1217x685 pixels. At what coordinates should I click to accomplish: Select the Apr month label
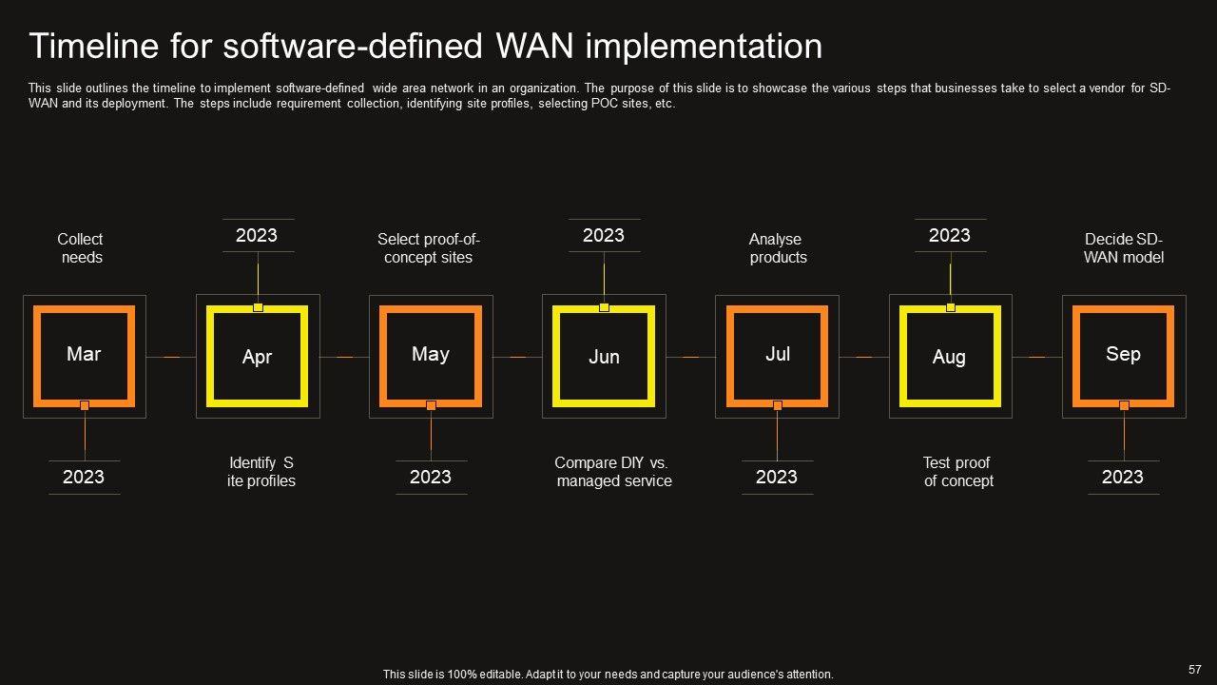click(x=257, y=357)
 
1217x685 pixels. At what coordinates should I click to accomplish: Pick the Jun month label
click(x=604, y=357)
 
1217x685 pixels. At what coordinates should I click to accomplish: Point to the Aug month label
click(x=949, y=357)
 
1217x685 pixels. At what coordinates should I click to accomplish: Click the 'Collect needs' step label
click(x=81, y=248)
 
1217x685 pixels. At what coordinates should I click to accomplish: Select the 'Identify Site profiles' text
click(x=261, y=471)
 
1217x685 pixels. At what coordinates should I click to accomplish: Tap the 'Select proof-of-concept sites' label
click(x=428, y=248)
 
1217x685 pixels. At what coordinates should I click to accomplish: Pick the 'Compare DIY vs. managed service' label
click(x=613, y=471)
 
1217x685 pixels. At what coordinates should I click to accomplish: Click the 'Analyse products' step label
click(x=778, y=248)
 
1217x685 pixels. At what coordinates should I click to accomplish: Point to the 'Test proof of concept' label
click(x=957, y=471)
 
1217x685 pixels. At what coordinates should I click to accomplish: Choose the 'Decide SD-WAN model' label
click(x=1124, y=248)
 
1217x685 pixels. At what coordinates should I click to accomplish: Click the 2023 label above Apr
click(x=257, y=235)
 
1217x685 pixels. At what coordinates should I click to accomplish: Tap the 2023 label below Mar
click(x=83, y=477)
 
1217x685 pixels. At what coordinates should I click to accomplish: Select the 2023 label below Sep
click(x=1123, y=477)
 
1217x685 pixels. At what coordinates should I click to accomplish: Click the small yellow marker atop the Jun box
click(x=604, y=307)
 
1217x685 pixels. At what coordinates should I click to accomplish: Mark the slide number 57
click(x=1195, y=669)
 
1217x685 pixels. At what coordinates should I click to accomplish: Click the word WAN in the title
click(x=534, y=46)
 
